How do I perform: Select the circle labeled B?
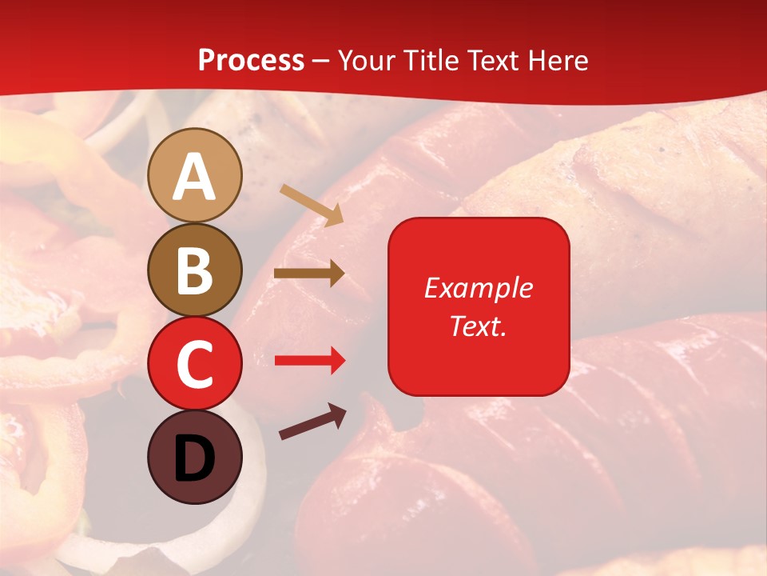[195, 270]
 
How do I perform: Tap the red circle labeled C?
[195, 363]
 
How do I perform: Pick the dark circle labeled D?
[195, 457]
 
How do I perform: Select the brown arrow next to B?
[308, 274]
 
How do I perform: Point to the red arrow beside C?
[308, 361]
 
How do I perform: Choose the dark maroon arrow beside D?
[312, 422]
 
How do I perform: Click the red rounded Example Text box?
[479, 306]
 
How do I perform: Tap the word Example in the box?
[479, 288]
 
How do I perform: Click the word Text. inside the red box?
[479, 326]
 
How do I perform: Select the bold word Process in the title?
[251, 60]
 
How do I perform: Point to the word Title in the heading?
[432, 60]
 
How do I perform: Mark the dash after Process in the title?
[321, 61]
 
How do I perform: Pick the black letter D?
[195, 458]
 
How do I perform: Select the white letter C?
[195, 364]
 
